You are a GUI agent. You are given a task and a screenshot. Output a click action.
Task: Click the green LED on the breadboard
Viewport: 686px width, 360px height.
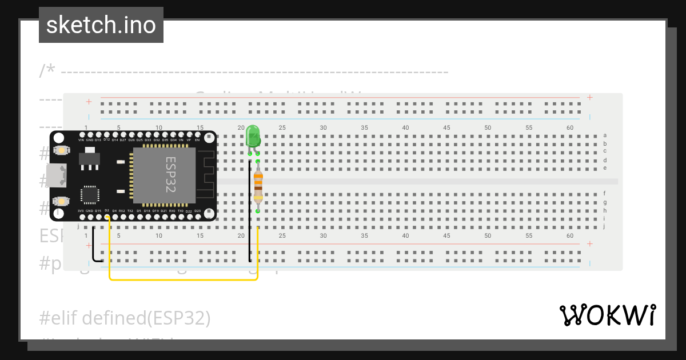[253, 137]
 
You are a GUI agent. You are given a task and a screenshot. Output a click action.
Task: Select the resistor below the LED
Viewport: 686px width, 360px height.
[258, 186]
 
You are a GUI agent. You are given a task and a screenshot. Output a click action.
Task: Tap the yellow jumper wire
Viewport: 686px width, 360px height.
[183, 279]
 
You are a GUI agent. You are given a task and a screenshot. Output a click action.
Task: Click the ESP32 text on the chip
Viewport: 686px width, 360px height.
[170, 175]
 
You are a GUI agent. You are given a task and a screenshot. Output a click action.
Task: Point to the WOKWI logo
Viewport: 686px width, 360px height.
[607, 315]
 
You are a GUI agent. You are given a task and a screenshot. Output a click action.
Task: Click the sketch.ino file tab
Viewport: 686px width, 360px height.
[101, 25]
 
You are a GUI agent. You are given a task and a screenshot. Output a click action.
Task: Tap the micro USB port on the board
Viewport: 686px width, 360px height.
[58, 176]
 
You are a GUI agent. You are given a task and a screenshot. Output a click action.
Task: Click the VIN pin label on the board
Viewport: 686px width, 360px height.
[81, 140]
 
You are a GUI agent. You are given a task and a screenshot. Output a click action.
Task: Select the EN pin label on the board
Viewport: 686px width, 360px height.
[198, 140]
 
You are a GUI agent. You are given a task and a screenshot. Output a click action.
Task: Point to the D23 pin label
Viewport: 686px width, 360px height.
[197, 211]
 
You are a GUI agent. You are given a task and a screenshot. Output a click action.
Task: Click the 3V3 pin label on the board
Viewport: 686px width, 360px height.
[81, 211]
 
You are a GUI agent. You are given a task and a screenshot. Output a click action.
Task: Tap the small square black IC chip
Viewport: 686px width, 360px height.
[90, 194]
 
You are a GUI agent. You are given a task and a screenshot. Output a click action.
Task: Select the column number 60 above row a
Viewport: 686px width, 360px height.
[569, 127]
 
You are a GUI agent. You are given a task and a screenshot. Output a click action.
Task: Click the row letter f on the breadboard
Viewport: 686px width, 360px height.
[605, 194]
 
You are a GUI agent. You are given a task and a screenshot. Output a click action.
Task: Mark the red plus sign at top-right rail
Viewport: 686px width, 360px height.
[590, 98]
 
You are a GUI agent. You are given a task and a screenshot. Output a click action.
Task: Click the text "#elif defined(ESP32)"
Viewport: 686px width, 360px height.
[125, 318]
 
